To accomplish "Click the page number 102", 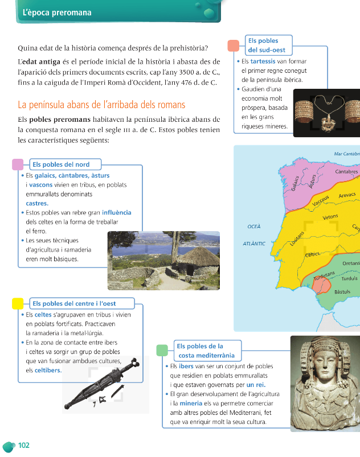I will click(23, 445).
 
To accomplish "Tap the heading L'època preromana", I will click(56, 13).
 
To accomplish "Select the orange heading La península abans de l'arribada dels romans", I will click(101, 105).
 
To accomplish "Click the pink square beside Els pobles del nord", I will click(18, 164).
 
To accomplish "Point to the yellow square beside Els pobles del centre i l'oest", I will click(18, 303).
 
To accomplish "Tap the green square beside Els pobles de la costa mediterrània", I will click(162, 350).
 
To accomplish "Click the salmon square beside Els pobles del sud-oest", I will click(233, 46).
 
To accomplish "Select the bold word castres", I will click(37, 203).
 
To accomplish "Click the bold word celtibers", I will click(48, 370).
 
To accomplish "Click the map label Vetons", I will click(330, 217).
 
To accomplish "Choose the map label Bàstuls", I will click(342, 292).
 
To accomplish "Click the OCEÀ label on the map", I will click(254, 227).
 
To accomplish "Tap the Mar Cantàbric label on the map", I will click(346, 154).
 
